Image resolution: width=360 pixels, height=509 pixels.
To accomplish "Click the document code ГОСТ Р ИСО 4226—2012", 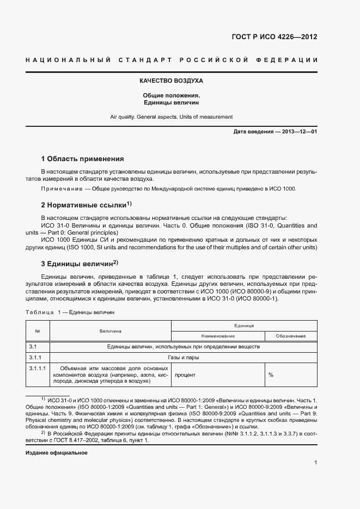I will [275, 38].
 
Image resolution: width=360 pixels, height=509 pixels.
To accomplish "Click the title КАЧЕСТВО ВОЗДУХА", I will [171, 81].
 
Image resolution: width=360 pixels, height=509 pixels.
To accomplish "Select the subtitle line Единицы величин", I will [171, 102].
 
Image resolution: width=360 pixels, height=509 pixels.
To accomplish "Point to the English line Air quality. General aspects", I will [171, 116].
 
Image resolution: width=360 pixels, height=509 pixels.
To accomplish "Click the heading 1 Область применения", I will [83, 159].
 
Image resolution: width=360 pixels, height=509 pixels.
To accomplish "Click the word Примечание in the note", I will [59, 188].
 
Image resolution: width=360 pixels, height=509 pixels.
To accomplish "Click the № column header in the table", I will [38, 331].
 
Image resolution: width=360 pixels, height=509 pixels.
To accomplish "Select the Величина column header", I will [111, 331].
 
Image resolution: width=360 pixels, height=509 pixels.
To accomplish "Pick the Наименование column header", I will [218, 336].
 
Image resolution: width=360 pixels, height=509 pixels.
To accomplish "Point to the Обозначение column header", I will [290, 336].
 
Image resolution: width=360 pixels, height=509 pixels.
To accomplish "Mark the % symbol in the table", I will [271, 375].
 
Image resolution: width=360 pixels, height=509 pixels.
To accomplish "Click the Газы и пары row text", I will [183, 358].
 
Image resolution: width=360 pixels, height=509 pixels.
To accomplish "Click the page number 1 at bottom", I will [315, 463].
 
